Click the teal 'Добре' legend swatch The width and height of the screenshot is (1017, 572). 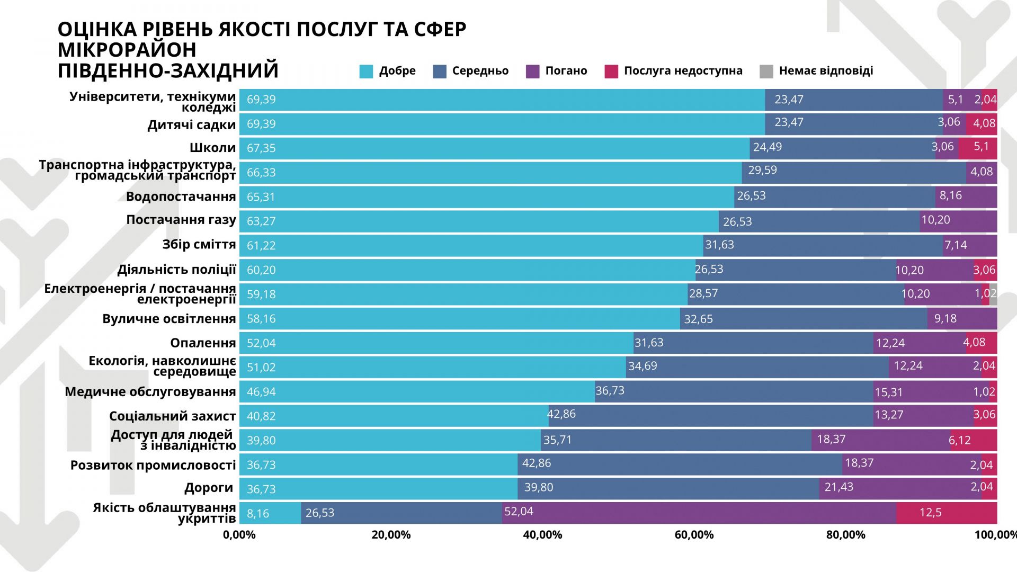pos(366,71)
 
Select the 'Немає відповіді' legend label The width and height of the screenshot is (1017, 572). pos(826,71)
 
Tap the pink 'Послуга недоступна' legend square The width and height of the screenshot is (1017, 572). pos(611,71)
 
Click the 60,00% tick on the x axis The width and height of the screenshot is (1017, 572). pos(694,535)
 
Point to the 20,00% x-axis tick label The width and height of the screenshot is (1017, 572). pos(391,535)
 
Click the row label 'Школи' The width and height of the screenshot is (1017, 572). pos(212,148)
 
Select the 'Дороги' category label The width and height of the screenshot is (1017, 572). pos(209,488)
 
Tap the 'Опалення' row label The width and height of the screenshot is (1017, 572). pos(203,343)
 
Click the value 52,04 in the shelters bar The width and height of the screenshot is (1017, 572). pos(519,512)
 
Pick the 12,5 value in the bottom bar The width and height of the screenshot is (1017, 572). pos(930,513)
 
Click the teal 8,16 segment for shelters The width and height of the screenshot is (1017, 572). pos(270,513)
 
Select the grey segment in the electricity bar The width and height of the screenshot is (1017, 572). pos(993,294)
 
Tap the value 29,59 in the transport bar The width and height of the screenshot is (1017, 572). pos(762,171)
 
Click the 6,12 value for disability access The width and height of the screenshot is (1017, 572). pos(959,441)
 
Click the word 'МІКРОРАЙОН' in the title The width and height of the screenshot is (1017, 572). pos(127,50)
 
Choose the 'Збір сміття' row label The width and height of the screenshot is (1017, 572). pos(199,245)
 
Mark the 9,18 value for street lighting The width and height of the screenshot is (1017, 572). pos(945,319)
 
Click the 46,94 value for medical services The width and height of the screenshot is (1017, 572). pos(261,392)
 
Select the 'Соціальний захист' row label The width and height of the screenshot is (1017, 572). pos(172,416)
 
